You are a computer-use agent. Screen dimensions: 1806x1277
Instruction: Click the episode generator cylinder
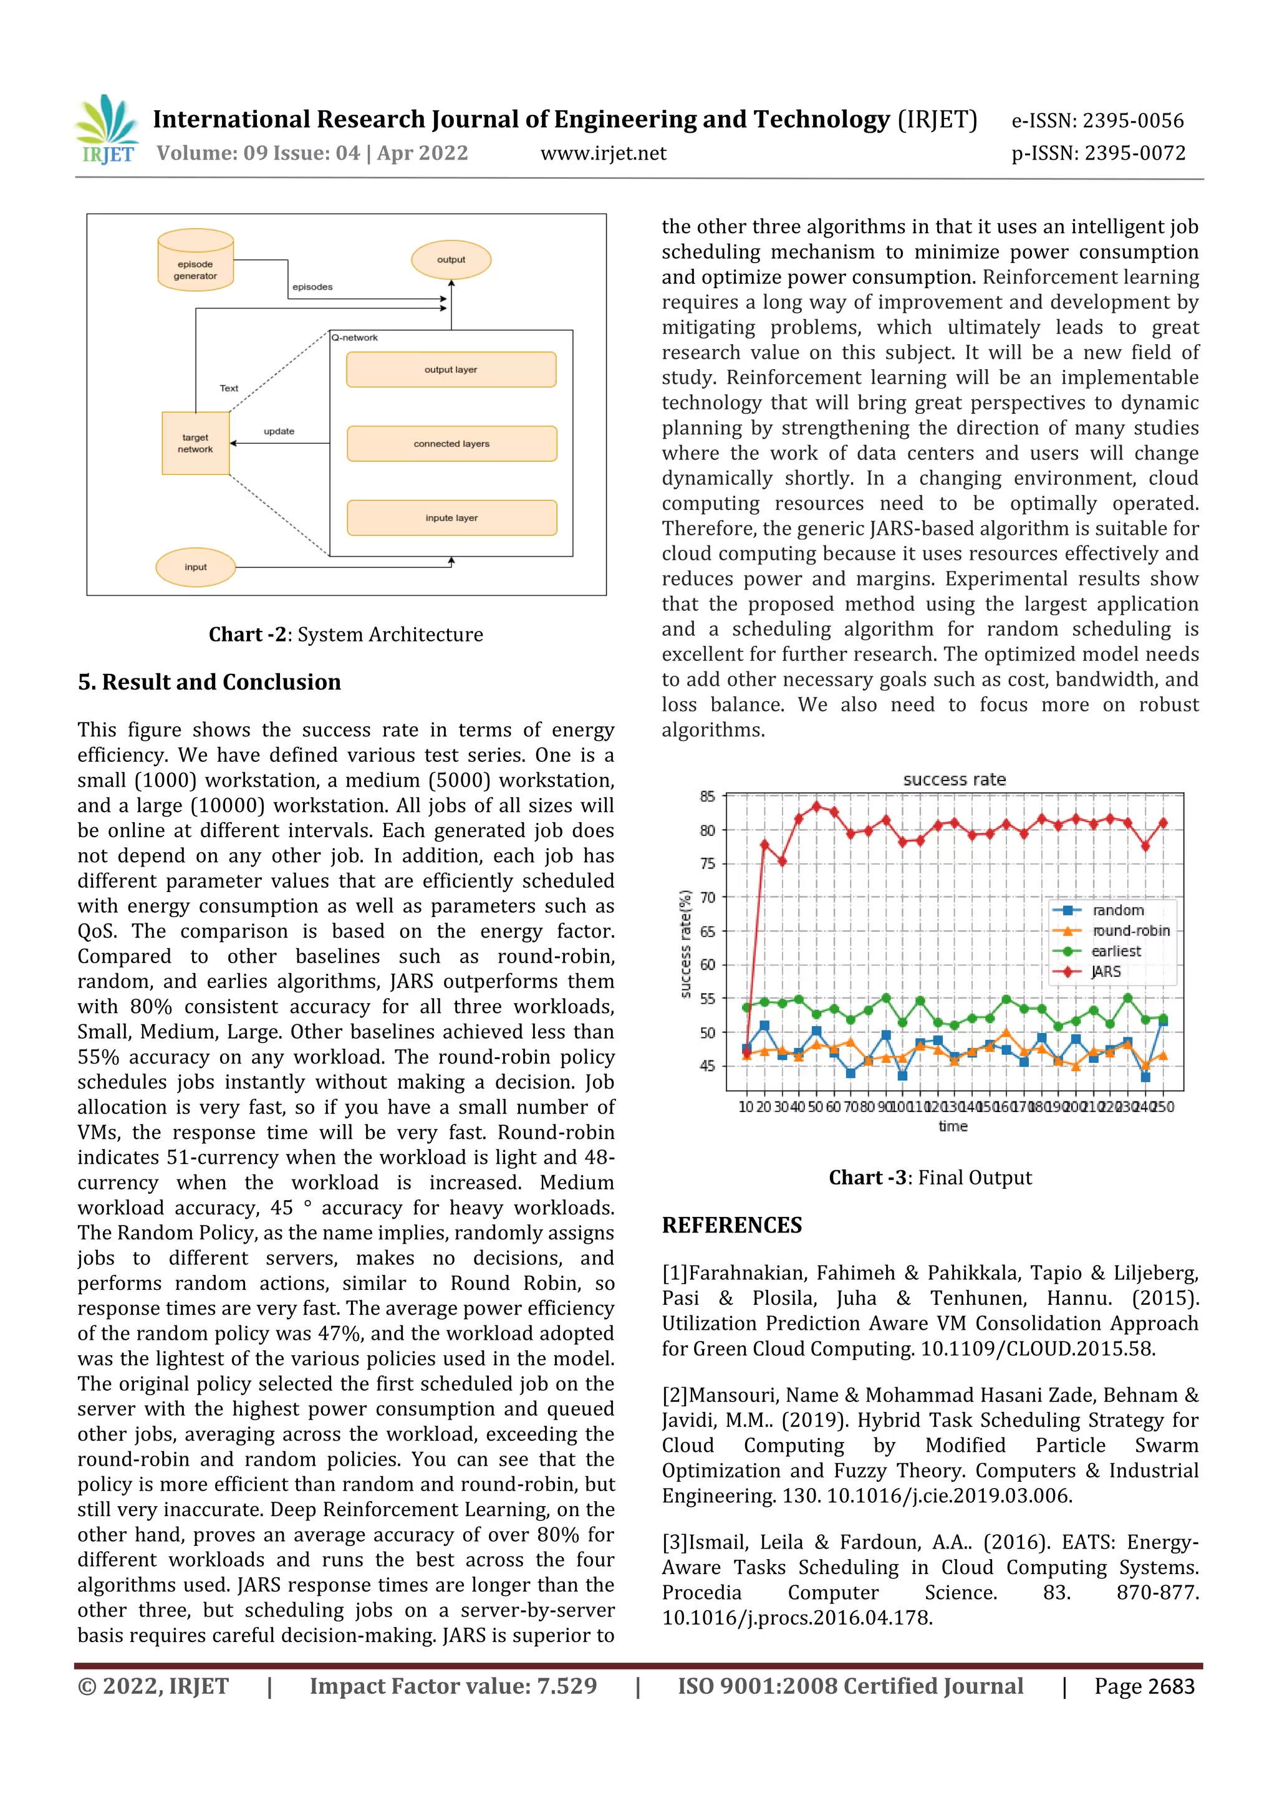pos(195,261)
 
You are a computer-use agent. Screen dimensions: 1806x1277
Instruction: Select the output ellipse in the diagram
pos(451,259)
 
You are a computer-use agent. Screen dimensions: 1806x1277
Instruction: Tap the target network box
pos(195,443)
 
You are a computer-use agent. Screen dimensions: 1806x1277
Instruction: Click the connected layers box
pos(451,444)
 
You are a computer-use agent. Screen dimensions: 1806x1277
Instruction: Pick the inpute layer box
pos(451,517)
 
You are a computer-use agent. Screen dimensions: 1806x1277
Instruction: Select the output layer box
pos(451,370)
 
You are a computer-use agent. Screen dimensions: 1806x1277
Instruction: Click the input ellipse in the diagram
pos(195,567)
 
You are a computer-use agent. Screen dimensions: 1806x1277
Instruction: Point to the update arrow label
pos(279,431)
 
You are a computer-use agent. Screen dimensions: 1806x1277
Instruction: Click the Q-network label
pos(355,337)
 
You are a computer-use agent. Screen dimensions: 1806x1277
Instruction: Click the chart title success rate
pos(953,779)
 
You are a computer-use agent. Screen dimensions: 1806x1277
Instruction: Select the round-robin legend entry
pos(1130,931)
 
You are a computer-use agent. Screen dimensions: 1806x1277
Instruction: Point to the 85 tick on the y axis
pos(707,796)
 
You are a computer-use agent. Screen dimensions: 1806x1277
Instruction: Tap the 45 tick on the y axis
pos(707,1066)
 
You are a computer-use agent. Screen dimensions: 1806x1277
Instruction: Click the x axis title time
pos(953,1126)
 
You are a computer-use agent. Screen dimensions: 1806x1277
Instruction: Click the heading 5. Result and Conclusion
pos(210,682)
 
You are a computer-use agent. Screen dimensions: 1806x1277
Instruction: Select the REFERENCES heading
pos(732,1226)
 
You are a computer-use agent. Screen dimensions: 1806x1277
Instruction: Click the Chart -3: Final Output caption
pos(930,1178)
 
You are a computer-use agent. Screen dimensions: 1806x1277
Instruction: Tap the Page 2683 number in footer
pos(1144,1686)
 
